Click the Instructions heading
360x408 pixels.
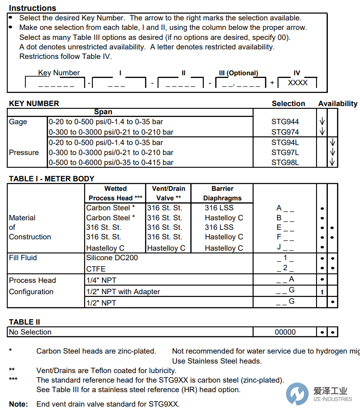tap(33, 8)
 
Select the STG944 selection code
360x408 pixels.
tap(285, 121)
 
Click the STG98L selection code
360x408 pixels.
tap(285, 162)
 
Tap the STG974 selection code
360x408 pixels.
tap(285, 132)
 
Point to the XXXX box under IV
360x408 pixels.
tap(298, 83)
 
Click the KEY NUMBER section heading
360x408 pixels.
tap(34, 103)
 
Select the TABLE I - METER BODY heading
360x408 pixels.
tap(52, 179)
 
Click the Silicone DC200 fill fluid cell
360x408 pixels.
tap(112, 257)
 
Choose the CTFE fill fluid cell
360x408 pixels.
tap(96, 268)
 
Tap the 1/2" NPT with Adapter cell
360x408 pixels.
tap(123, 291)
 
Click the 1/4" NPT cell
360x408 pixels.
tap(101, 280)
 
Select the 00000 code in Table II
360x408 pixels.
tap(285, 332)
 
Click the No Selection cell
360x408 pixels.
tap(30, 332)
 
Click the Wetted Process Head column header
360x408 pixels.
tap(115, 193)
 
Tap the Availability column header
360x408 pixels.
tap(337, 103)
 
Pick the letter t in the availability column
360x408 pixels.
tap(322, 292)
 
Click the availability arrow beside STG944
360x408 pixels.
tap(322, 121)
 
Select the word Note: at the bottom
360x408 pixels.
tap(18, 404)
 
